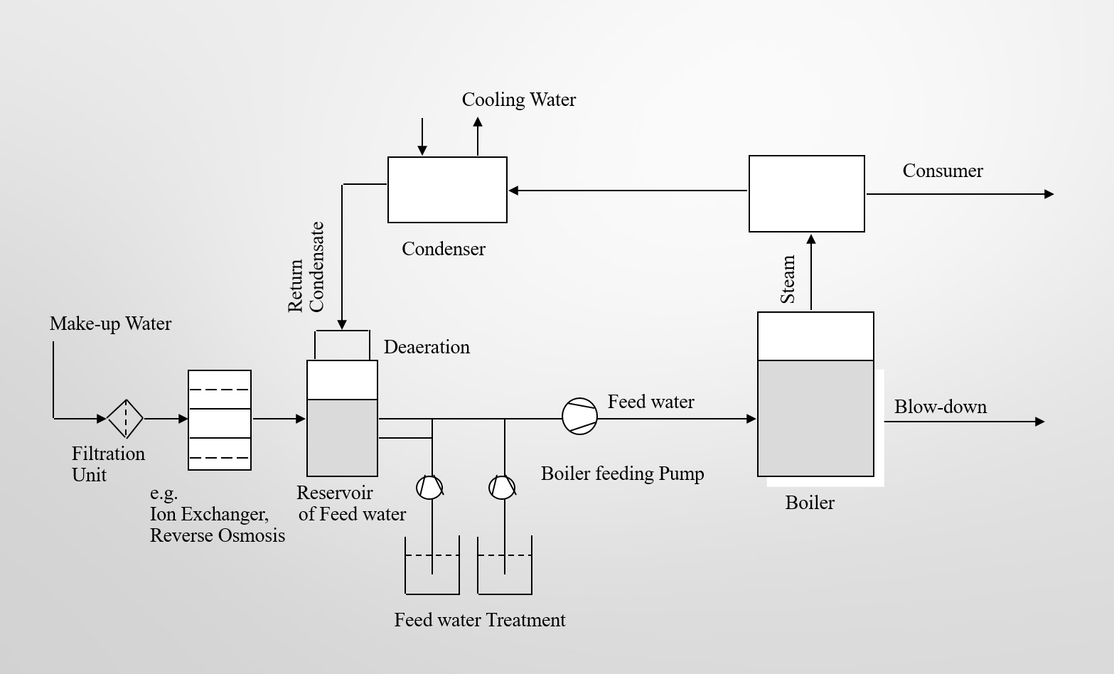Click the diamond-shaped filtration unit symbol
pyautogui.click(x=125, y=418)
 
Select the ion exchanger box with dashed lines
pyautogui.click(x=220, y=420)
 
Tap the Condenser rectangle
pyautogui.click(x=447, y=190)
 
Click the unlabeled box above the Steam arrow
pyautogui.click(x=806, y=193)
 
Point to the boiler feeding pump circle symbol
pyautogui.click(x=579, y=417)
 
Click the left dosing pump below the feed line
pyautogui.click(x=429, y=488)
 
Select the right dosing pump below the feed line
pyautogui.click(x=502, y=488)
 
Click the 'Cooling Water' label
pyautogui.click(x=518, y=100)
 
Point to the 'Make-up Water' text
pyautogui.click(x=110, y=323)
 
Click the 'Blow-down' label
pyautogui.click(x=940, y=407)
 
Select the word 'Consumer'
pyautogui.click(x=942, y=171)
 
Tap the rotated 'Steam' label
pyautogui.click(x=788, y=279)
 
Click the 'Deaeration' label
pyautogui.click(x=427, y=347)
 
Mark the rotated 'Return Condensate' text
pyautogui.click(x=306, y=268)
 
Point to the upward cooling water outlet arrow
pyautogui.click(x=478, y=135)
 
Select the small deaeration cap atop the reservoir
pyautogui.click(x=342, y=345)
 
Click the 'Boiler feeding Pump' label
pyautogui.click(x=622, y=474)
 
